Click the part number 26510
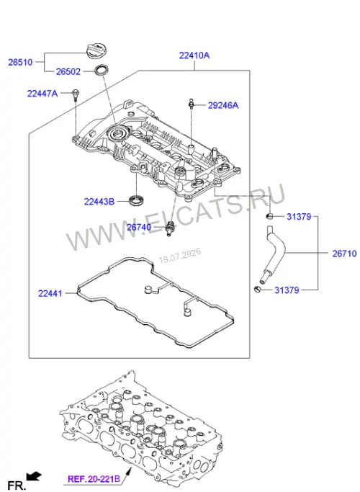pyautogui.click(x=20, y=62)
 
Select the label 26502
pyautogui.click(x=68, y=72)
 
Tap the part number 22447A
pyautogui.click(x=42, y=94)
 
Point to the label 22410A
pyautogui.click(x=194, y=55)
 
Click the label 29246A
pyautogui.click(x=223, y=105)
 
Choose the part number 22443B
pyautogui.click(x=99, y=202)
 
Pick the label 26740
pyautogui.click(x=139, y=227)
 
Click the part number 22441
pyautogui.click(x=50, y=294)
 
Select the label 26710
pyautogui.click(x=344, y=254)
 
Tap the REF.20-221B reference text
pyautogui.click(x=94, y=480)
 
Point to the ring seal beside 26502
pyautogui.click(x=102, y=70)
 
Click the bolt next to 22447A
pyautogui.click(x=76, y=95)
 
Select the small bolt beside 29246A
pyautogui.click(x=191, y=104)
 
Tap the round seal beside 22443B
pyautogui.click(x=137, y=200)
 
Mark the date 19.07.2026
pyautogui.click(x=180, y=256)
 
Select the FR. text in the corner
pyautogui.click(x=16, y=486)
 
